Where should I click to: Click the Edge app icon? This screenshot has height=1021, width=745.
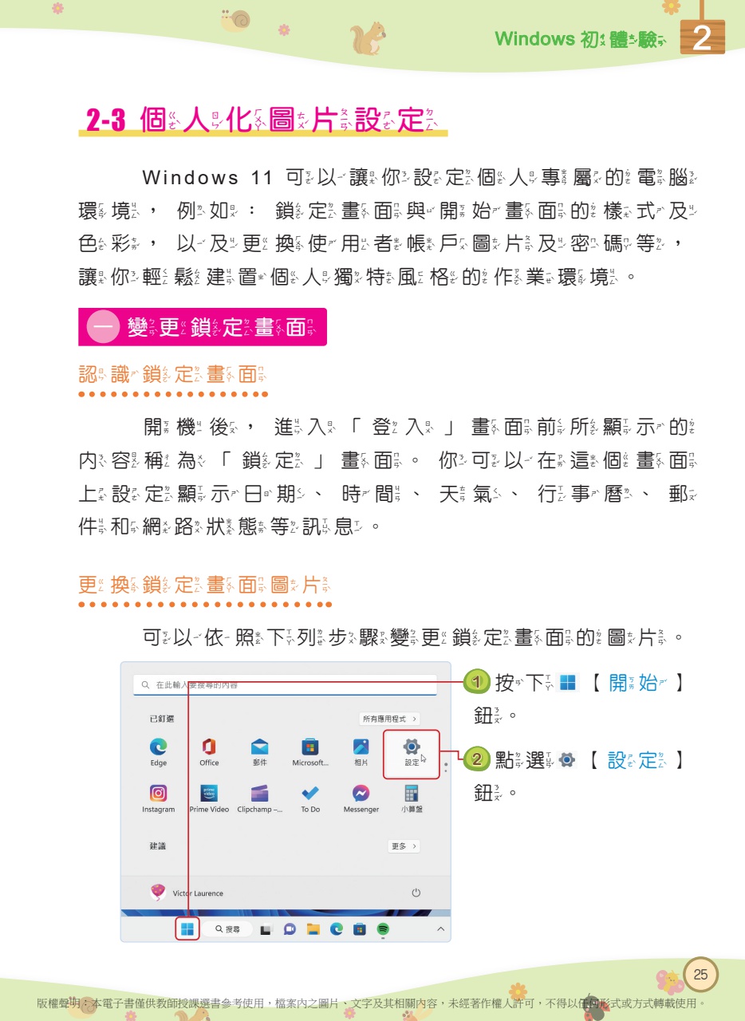coord(159,747)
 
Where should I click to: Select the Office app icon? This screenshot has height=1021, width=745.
coord(209,747)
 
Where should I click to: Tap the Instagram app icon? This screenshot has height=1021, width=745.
coord(159,793)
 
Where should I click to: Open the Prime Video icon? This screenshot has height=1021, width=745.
coord(209,793)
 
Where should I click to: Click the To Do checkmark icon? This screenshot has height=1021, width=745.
coord(310,793)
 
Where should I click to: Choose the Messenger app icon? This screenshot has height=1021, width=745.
coord(361,793)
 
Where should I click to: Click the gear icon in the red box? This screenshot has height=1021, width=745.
coord(411,747)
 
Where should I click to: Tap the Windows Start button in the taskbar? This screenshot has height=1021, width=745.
coord(187,928)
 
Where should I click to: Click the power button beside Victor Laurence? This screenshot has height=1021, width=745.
coord(416,893)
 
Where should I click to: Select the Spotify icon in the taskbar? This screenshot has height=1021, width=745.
coord(383,929)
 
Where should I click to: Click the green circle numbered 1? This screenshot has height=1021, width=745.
coord(476,682)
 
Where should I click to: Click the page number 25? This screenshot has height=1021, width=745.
coord(700,974)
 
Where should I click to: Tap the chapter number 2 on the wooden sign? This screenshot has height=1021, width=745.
coord(702,38)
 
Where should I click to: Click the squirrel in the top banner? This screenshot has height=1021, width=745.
coord(369,37)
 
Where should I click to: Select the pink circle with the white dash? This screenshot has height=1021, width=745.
coord(103,327)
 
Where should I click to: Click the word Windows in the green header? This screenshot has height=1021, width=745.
coord(534,38)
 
